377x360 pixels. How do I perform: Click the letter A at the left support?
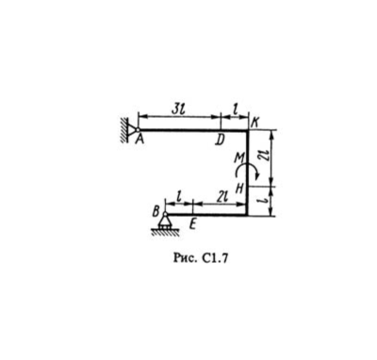point(139,139)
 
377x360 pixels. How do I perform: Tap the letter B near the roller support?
point(156,212)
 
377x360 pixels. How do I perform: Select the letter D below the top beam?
point(220,140)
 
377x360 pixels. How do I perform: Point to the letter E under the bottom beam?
point(193,224)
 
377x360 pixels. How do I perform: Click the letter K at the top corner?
point(254,123)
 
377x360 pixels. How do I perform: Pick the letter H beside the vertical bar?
point(239,188)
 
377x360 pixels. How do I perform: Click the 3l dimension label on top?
point(178,108)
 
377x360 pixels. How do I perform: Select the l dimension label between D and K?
point(234,109)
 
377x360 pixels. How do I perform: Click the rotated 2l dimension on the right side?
point(264,155)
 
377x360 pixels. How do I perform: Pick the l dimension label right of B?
point(179,197)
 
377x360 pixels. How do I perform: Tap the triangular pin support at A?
point(133,129)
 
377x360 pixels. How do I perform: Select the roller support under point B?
point(165,221)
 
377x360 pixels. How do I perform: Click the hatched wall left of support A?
point(124,130)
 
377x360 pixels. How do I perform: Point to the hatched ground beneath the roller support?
point(165,232)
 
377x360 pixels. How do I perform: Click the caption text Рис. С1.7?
point(200,258)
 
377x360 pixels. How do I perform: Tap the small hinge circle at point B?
point(165,214)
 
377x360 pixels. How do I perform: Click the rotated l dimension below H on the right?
point(264,201)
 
